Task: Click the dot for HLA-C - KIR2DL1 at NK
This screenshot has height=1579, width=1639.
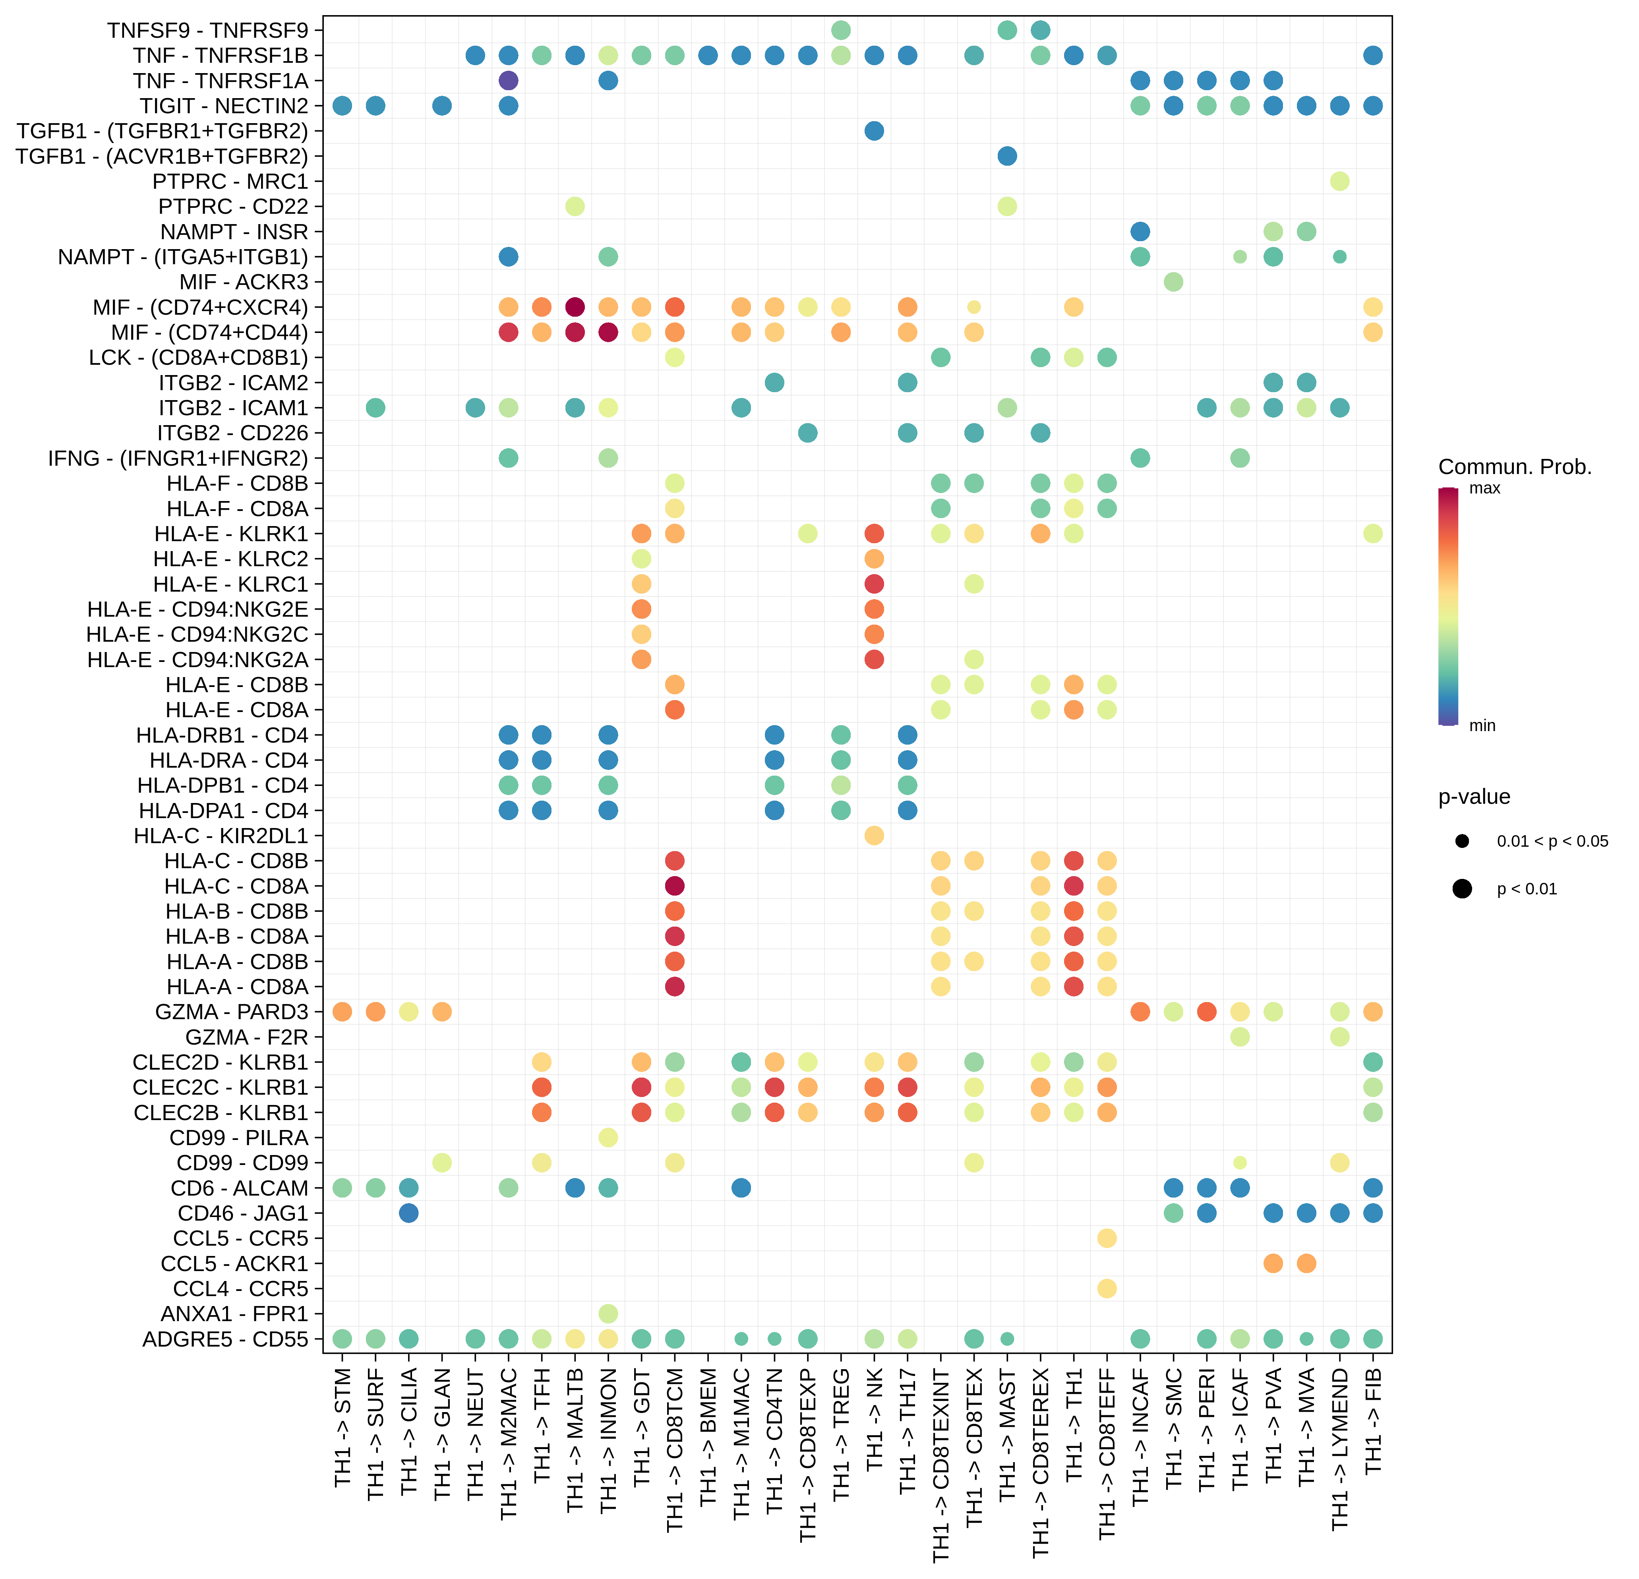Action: coord(874,836)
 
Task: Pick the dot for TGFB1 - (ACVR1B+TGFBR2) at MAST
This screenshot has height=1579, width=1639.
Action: coord(1007,157)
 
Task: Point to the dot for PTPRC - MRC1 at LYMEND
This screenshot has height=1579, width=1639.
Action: coord(1340,182)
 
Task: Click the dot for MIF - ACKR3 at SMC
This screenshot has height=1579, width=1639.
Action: coord(1173,282)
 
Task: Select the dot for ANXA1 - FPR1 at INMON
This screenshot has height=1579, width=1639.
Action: coord(608,1314)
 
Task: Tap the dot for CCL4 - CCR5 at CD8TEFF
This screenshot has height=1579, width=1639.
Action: coord(1106,1289)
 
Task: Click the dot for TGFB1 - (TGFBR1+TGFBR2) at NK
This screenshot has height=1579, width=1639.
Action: coord(874,131)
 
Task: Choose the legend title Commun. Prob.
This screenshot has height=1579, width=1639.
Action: coord(1514,467)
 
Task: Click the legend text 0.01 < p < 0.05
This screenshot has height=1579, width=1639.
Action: coord(1552,842)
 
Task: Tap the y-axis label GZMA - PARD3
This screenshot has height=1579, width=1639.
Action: coord(232,1012)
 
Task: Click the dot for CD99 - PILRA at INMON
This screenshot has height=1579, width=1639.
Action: coord(608,1138)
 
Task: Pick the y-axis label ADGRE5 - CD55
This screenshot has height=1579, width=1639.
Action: coord(225,1339)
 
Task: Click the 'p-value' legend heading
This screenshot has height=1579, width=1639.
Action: coord(1473,797)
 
